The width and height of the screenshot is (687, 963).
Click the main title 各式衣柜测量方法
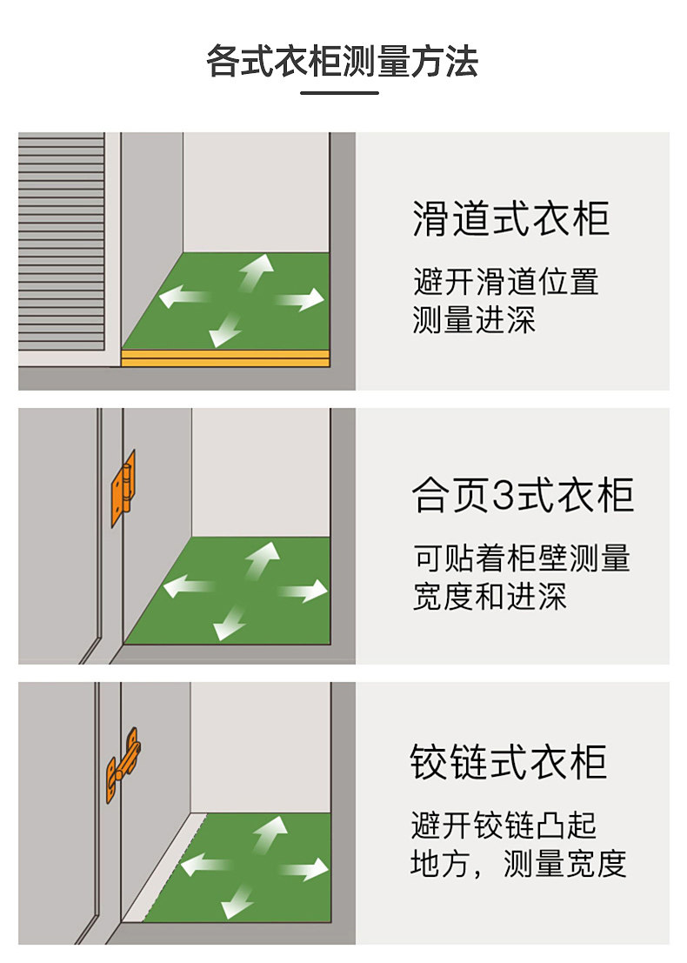point(342,62)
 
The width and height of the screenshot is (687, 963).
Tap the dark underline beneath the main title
point(340,92)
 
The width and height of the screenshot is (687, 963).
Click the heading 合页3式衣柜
point(522,495)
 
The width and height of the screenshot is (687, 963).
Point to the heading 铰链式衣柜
point(509,761)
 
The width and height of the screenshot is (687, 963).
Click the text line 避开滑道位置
point(506,282)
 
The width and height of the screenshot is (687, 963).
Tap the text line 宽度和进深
point(489,597)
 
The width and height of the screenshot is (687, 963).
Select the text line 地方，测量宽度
point(518,863)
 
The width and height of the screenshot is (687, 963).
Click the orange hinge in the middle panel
point(124,487)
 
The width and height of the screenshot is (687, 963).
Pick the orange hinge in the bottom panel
point(123,764)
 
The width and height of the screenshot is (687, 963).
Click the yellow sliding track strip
point(225,358)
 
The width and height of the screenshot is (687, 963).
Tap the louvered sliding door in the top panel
point(61,249)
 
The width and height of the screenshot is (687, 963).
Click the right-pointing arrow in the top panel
point(300,301)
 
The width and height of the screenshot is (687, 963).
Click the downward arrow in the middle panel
point(230,621)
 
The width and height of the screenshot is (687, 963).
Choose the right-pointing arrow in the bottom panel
point(304,868)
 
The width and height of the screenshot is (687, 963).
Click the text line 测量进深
point(474,320)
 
